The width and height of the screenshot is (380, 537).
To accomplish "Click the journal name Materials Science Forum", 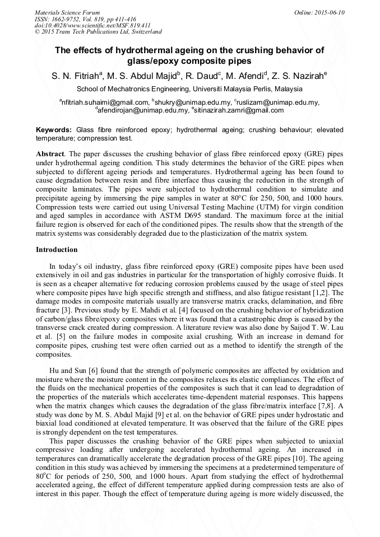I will (67, 12).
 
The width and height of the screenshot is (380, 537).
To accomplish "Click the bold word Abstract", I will (49, 153).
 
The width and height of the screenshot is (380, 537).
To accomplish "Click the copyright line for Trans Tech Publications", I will (98, 31).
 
